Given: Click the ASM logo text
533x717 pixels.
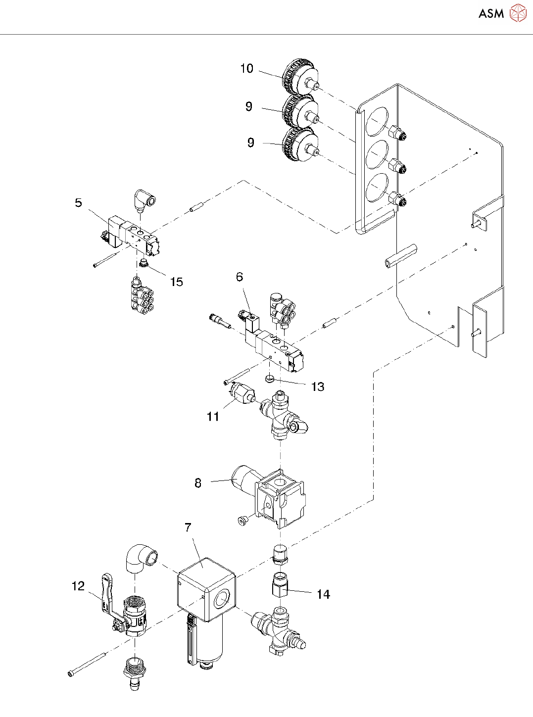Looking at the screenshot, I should click(491, 14).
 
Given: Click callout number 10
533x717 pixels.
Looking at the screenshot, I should click(246, 69).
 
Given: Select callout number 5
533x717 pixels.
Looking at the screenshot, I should click(78, 203).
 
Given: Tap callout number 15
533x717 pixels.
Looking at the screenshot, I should click(177, 282).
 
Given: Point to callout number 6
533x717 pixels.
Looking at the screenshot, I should click(240, 277).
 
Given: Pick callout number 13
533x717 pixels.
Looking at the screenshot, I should click(318, 387).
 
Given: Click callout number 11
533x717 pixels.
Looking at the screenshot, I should click(213, 417).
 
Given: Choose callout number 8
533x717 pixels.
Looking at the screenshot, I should click(198, 483).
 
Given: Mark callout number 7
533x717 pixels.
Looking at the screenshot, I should click(188, 527).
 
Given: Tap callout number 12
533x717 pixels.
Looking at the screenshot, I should click(78, 586).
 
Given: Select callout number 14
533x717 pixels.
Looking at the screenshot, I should click(323, 594).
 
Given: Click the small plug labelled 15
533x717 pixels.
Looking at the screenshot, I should click(144, 263).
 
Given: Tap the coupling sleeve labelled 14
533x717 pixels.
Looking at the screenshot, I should click(281, 585).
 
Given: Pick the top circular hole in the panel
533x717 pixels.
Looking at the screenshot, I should click(377, 122).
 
